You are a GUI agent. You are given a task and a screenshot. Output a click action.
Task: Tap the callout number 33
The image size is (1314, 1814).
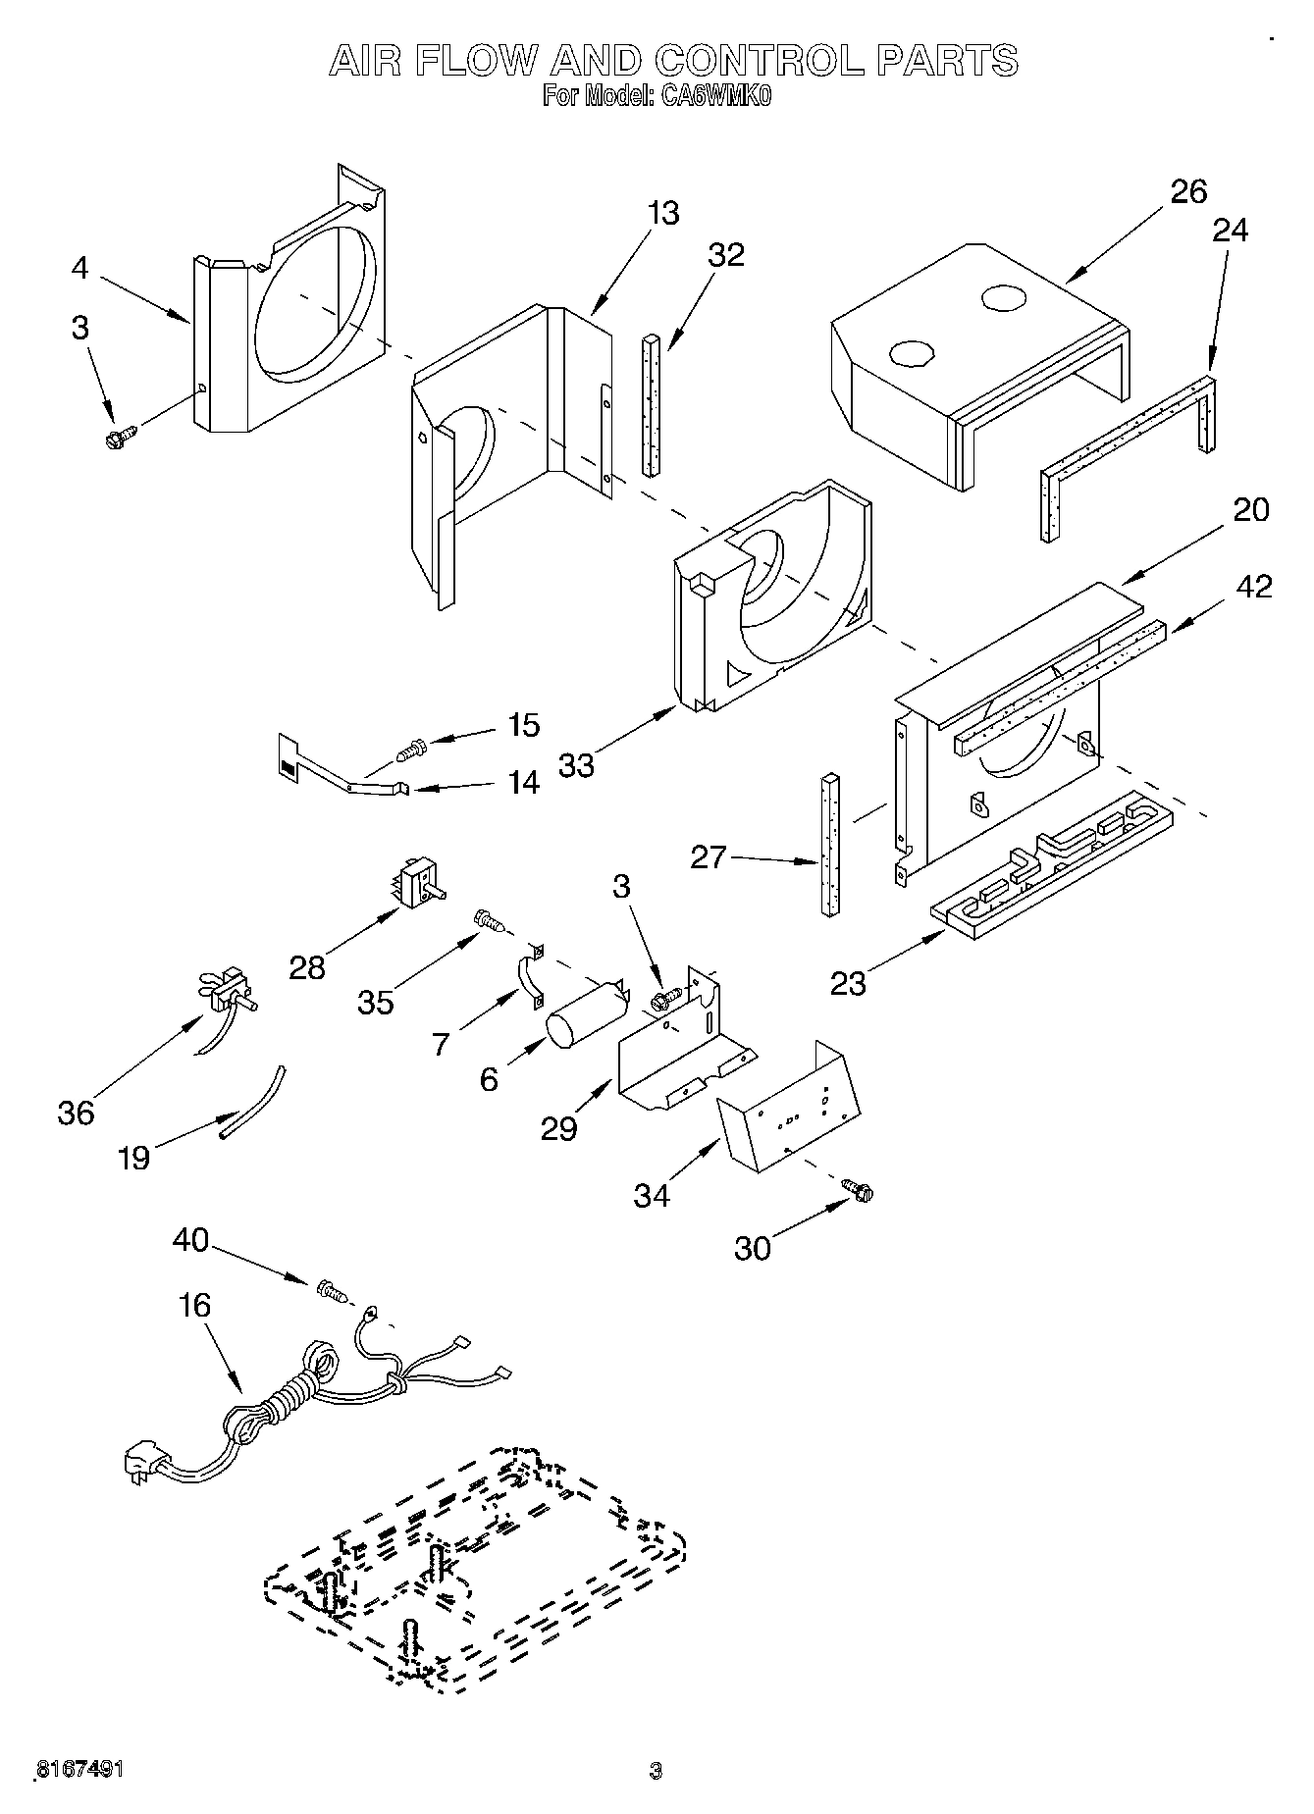click(x=577, y=764)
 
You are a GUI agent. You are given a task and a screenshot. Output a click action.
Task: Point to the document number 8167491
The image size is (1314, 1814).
click(x=79, y=1770)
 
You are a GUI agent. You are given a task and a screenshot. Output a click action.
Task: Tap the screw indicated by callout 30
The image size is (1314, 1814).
click(x=860, y=1191)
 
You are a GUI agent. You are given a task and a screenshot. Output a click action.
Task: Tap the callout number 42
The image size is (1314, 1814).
click(x=1253, y=586)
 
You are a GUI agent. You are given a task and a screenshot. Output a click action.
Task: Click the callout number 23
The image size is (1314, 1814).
click(x=848, y=983)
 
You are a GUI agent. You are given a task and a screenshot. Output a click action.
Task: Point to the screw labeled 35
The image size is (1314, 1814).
click(x=488, y=919)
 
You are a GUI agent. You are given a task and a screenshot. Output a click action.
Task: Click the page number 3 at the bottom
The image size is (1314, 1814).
click(x=656, y=1771)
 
